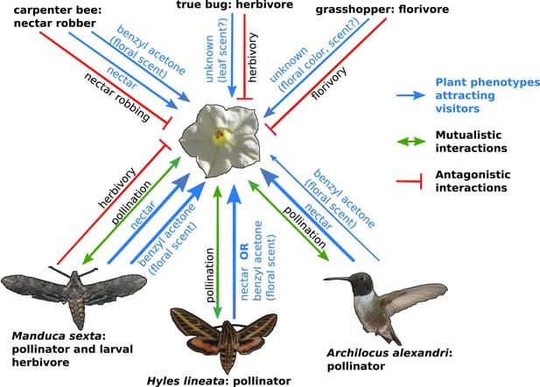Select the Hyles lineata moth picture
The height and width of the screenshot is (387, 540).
click(222, 337)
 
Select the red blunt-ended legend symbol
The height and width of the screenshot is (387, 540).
click(416, 181)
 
